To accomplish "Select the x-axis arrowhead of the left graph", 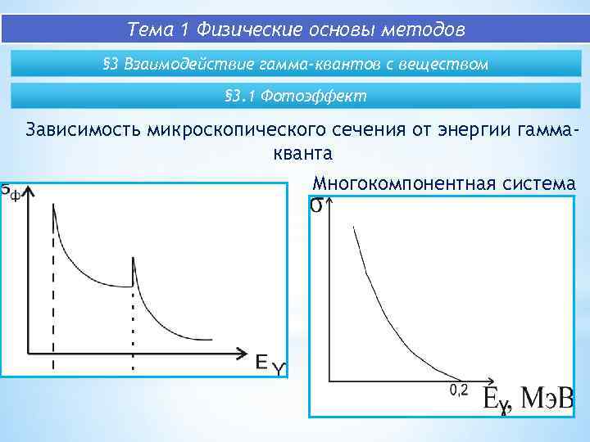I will [x=243, y=353].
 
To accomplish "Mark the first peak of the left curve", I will [x=53, y=206].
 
